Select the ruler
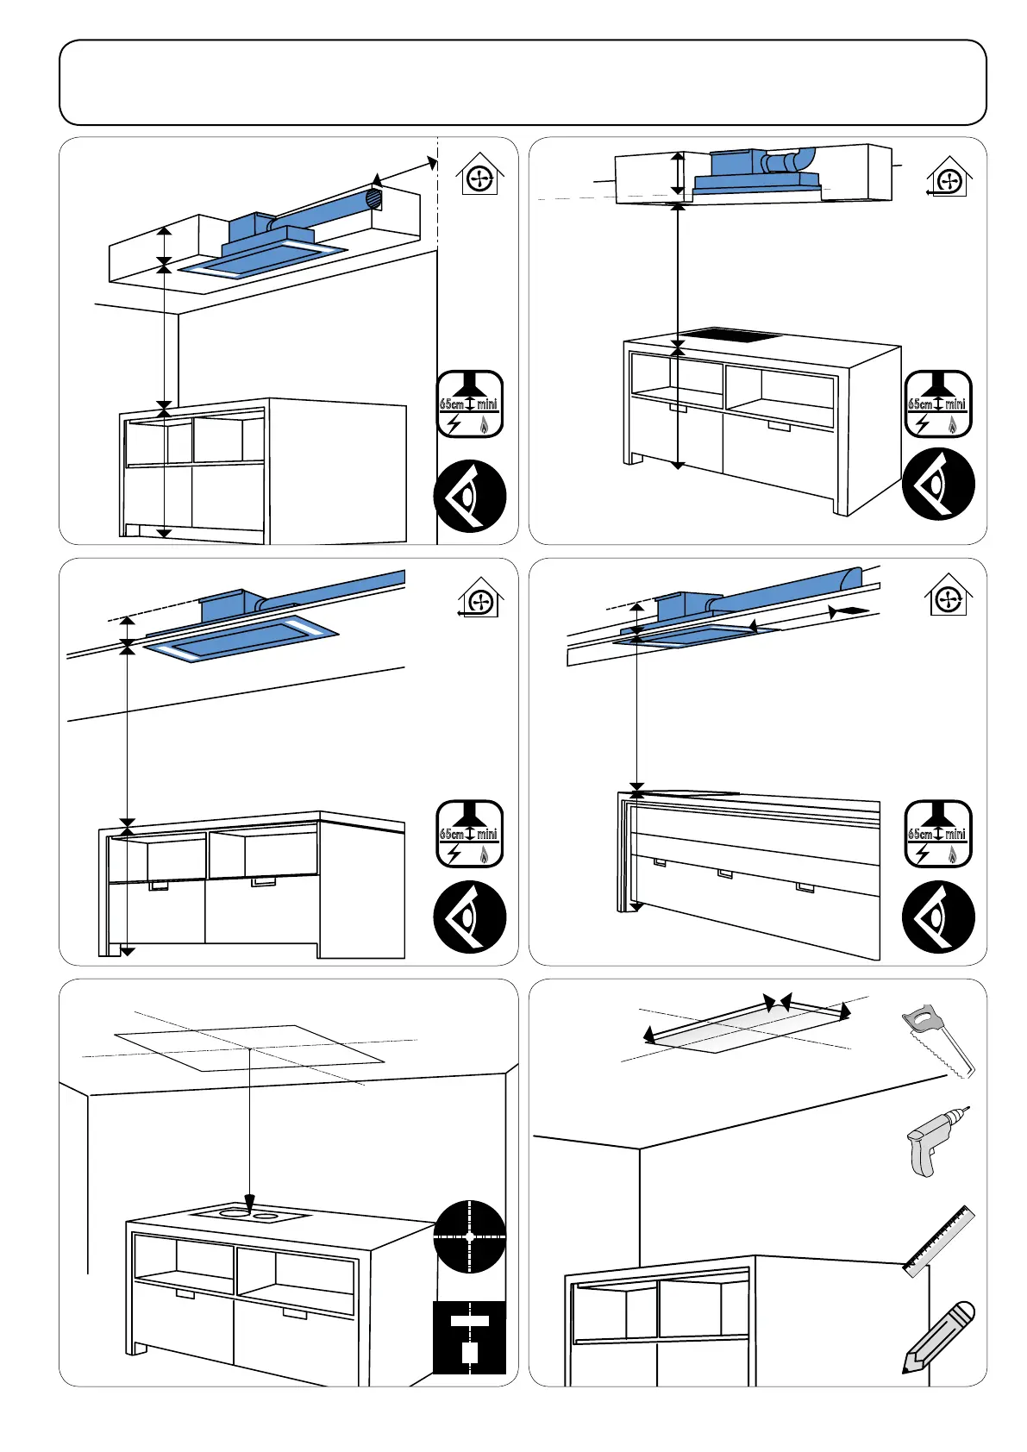(x=939, y=1241)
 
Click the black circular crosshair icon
(x=469, y=1236)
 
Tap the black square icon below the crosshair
(x=469, y=1336)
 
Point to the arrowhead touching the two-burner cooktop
(x=250, y=1202)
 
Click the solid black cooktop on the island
(x=730, y=335)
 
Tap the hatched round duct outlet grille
(x=374, y=198)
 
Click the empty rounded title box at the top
(x=522, y=83)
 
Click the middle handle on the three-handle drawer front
(x=725, y=873)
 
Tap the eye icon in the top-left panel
(x=469, y=496)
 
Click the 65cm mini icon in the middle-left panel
(x=469, y=835)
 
